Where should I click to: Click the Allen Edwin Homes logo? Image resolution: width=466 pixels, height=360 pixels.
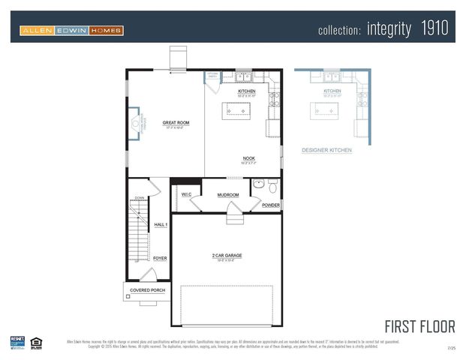71,31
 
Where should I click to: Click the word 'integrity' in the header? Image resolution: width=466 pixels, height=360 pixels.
389,30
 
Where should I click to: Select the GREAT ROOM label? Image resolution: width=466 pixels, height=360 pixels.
176,122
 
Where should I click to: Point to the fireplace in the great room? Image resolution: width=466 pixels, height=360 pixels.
134,123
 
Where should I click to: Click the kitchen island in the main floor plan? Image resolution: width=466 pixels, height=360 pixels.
237,110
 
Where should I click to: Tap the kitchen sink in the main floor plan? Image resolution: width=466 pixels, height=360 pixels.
243,76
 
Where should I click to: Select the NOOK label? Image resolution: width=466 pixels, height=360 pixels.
248,158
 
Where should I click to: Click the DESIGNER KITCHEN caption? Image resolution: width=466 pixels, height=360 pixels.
326,150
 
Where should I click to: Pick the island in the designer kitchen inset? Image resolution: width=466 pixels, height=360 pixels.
326,110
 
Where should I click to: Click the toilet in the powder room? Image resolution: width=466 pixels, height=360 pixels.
272,184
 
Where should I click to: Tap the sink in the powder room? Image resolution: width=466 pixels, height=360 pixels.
257,183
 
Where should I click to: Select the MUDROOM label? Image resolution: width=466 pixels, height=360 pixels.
228,195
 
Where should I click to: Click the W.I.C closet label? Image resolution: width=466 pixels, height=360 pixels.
187,195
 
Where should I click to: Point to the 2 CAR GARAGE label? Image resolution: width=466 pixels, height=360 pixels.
227,256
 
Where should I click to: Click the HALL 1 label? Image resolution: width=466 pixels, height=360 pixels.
161,225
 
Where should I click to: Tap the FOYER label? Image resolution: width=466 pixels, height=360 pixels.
160,258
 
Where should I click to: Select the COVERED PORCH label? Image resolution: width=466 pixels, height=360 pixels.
147,290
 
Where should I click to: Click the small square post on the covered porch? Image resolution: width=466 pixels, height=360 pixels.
128,297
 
